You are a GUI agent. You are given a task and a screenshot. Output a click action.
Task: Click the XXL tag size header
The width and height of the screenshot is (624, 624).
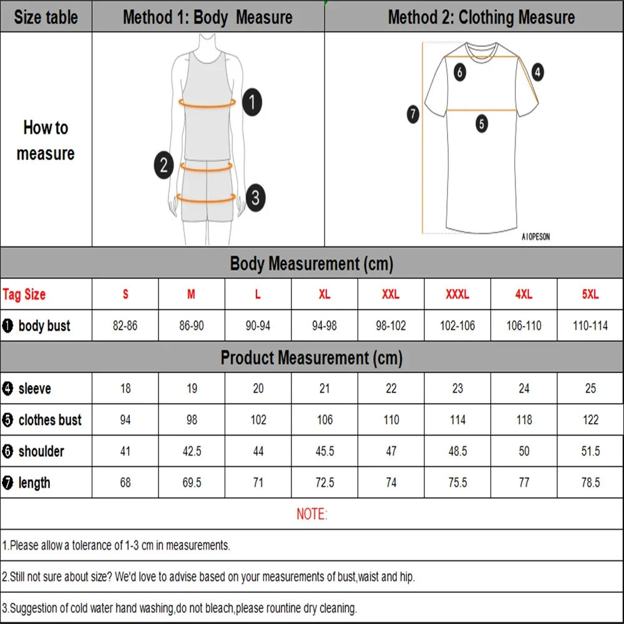[x=391, y=295]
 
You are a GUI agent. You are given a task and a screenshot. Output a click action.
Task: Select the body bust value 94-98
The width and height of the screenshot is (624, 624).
[x=324, y=326]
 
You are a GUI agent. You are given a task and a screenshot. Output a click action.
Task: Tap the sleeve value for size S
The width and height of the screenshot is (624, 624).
[x=125, y=389]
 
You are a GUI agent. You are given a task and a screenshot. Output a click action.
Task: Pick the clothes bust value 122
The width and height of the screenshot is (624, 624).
[x=590, y=420]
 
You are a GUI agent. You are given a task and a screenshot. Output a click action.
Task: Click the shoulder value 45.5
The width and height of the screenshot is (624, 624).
[x=324, y=451]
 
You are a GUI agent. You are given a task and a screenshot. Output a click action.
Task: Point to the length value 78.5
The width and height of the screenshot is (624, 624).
[x=590, y=482]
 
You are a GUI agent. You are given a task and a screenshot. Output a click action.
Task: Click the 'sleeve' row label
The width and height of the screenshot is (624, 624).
[x=34, y=389]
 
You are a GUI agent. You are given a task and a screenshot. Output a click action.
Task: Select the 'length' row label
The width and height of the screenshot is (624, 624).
[x=34, y=482]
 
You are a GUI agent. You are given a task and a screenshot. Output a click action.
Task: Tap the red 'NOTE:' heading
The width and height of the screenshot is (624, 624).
[x=311, y=514]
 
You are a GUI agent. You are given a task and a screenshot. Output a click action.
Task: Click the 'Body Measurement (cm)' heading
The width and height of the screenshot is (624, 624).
[x=311, y=263]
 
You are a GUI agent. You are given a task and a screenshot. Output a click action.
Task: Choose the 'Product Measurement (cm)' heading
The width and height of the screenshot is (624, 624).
[x=311, y=358]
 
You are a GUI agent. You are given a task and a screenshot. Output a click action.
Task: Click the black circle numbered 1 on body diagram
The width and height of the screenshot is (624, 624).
[x=251, y=102]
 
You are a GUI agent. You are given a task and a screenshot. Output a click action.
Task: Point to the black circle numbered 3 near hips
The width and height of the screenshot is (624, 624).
[x=255, y=198]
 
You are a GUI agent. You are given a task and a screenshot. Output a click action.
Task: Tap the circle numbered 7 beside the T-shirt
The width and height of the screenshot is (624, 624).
[x=413, y=114]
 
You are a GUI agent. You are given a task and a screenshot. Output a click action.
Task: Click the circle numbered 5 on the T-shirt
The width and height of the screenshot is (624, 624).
[x=481, y=124]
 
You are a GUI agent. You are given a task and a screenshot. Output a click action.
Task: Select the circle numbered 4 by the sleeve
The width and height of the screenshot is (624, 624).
[x=537, y=72]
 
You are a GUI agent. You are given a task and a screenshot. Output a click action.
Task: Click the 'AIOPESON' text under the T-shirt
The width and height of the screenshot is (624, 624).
[x=535, y=237]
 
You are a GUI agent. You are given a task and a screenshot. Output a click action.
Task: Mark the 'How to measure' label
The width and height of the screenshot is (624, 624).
[x=46, y=140]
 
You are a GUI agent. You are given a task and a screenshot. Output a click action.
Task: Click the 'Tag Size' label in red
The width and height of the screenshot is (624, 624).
[x=24, y=295]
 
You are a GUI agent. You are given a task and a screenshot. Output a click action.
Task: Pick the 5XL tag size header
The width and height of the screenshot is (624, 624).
[x=590, y=295]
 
